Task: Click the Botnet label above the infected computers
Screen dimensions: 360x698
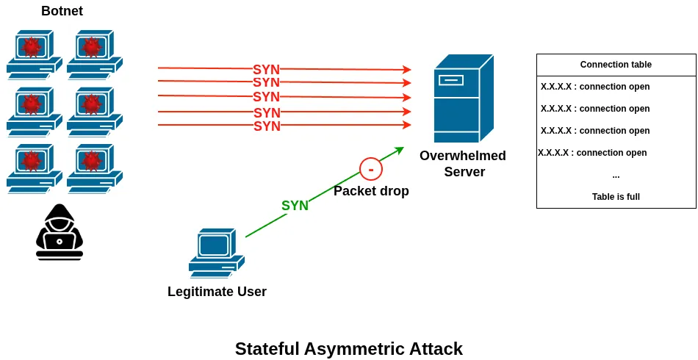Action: point(62,11)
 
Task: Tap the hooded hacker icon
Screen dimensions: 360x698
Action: point(60,232)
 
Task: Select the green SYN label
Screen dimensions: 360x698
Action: point(295,206)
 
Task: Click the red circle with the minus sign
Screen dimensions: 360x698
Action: point(371,169)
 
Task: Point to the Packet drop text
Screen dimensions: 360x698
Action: point(371,191)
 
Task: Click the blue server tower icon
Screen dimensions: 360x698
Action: point(463,98)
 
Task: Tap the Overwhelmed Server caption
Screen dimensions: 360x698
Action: point(463,164)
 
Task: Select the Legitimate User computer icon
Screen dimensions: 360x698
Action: point(216,253)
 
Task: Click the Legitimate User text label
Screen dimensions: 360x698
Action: point(217,292)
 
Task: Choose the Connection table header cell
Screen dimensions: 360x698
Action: point(616,65)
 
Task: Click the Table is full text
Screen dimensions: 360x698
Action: point(616,197)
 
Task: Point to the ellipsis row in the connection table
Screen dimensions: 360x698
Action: point(616,175)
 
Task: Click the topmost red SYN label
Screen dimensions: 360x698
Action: point(266,70)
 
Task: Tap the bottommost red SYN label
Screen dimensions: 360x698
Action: point(267,126)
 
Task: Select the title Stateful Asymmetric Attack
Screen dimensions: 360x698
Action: point(348,349)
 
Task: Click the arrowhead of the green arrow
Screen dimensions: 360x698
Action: point(400,150)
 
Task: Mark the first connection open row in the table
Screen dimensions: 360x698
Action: point(595,87)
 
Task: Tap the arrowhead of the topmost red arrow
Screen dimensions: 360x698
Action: point(407,70)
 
